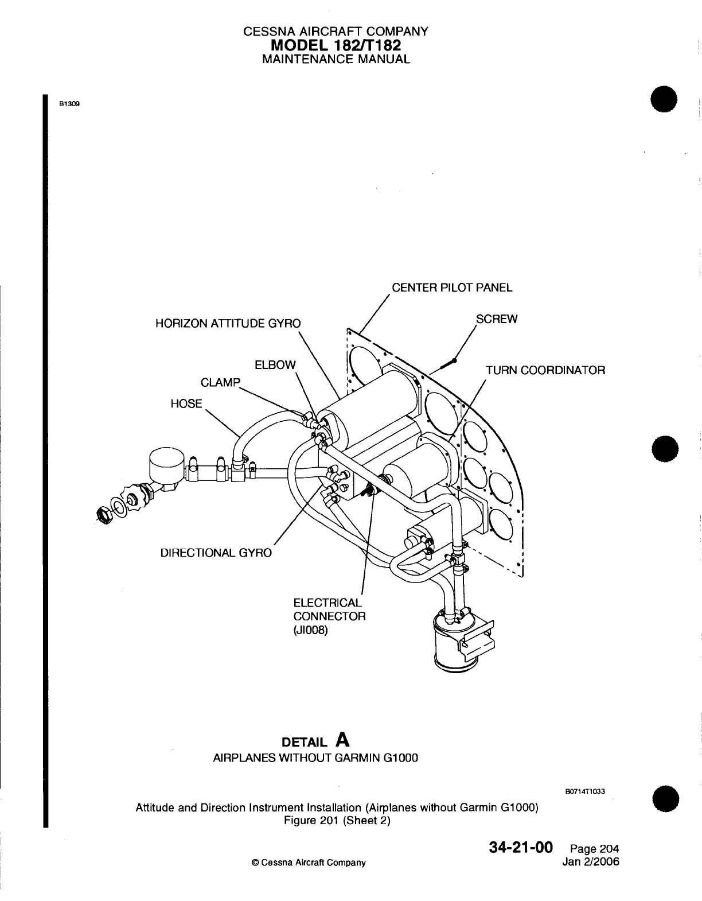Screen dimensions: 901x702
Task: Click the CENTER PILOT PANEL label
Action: [x=452, y=288]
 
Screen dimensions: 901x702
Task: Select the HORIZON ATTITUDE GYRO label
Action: [x=228, y=323]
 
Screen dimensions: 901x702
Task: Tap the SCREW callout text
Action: [x=497, y=319]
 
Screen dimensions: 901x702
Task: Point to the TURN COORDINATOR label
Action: [x=545, y=370]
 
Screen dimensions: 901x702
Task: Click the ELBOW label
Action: [x=275, y=365]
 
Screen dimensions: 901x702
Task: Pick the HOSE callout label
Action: [x=186, y=403]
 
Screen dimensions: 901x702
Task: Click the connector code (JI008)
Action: [x=310, y=630]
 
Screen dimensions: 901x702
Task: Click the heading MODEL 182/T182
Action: [x=336, y=45]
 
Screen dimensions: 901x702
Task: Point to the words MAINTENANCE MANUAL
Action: [x=336, y=59]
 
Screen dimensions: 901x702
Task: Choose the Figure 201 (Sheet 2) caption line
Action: [x=337, y=820]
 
